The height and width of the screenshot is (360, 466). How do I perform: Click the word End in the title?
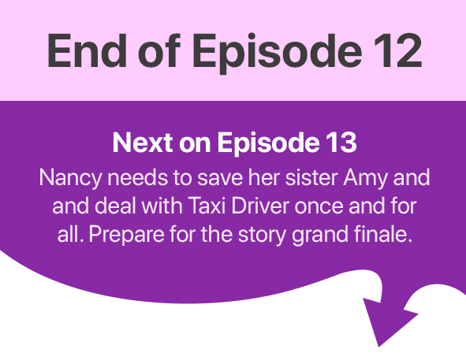click(x=87, y=50)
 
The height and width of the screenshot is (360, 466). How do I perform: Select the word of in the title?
click(x=159, y=50)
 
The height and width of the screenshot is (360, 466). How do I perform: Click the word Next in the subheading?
click(x=143, y=143)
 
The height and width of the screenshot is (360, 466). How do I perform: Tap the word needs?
click(x=138, y=177)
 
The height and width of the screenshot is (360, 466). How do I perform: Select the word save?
click(x=220, y=178)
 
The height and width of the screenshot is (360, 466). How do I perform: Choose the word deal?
click(x=116, y=206)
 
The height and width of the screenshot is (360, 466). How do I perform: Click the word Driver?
click(x=260, y=206)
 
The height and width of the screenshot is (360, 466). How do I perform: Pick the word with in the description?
click(x=162, y=206)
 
